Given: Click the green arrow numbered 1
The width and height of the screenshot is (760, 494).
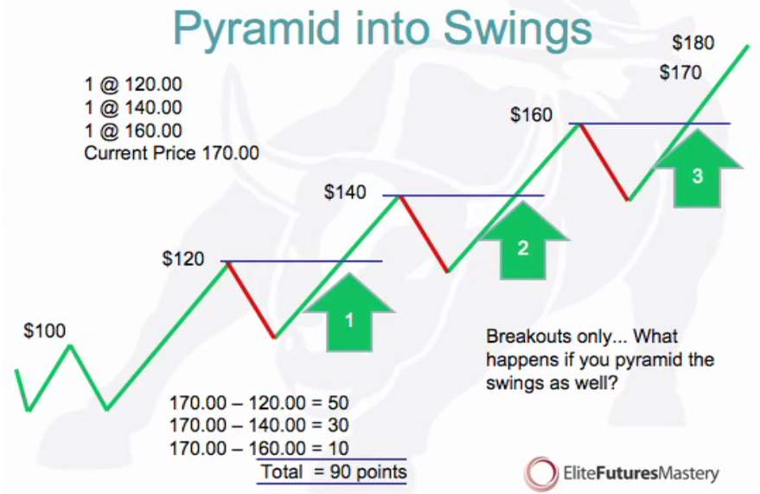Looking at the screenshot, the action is (x=349, y=312).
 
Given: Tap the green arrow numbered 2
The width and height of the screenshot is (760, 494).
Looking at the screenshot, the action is (x=522, y=241).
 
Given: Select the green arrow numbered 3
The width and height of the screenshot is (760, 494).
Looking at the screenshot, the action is (x=697, y=169).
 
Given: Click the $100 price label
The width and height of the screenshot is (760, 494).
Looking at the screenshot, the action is (x=45, y=331).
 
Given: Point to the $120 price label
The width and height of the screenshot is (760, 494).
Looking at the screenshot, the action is (x=183, y=259).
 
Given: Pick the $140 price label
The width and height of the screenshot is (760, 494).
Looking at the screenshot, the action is (x=345, y=192).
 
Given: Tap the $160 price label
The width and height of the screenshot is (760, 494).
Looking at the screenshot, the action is (x=531, y=115).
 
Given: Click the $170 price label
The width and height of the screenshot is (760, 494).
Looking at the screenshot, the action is (x=680, y=73).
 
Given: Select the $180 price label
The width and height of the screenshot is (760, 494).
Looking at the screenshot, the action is (x=693, y=42).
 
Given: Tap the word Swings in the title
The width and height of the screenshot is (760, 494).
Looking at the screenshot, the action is (x=517, y=29).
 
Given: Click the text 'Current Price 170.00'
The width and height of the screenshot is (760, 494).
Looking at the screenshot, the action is (x=171, y=153).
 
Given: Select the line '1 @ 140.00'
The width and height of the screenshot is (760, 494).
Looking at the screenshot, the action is (x=133, y=107).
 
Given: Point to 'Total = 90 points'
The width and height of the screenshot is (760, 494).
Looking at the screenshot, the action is (x=334, y=472).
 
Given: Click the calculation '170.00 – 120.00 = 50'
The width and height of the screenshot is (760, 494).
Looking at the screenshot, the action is (x=259, y=403).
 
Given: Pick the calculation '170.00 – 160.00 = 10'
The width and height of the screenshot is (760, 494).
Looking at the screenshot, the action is (x=259, y=448).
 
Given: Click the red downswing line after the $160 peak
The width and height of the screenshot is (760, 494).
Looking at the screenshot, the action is (x=603, y=162).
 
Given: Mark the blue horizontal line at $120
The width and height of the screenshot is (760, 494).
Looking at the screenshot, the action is (x=302, y=261).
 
